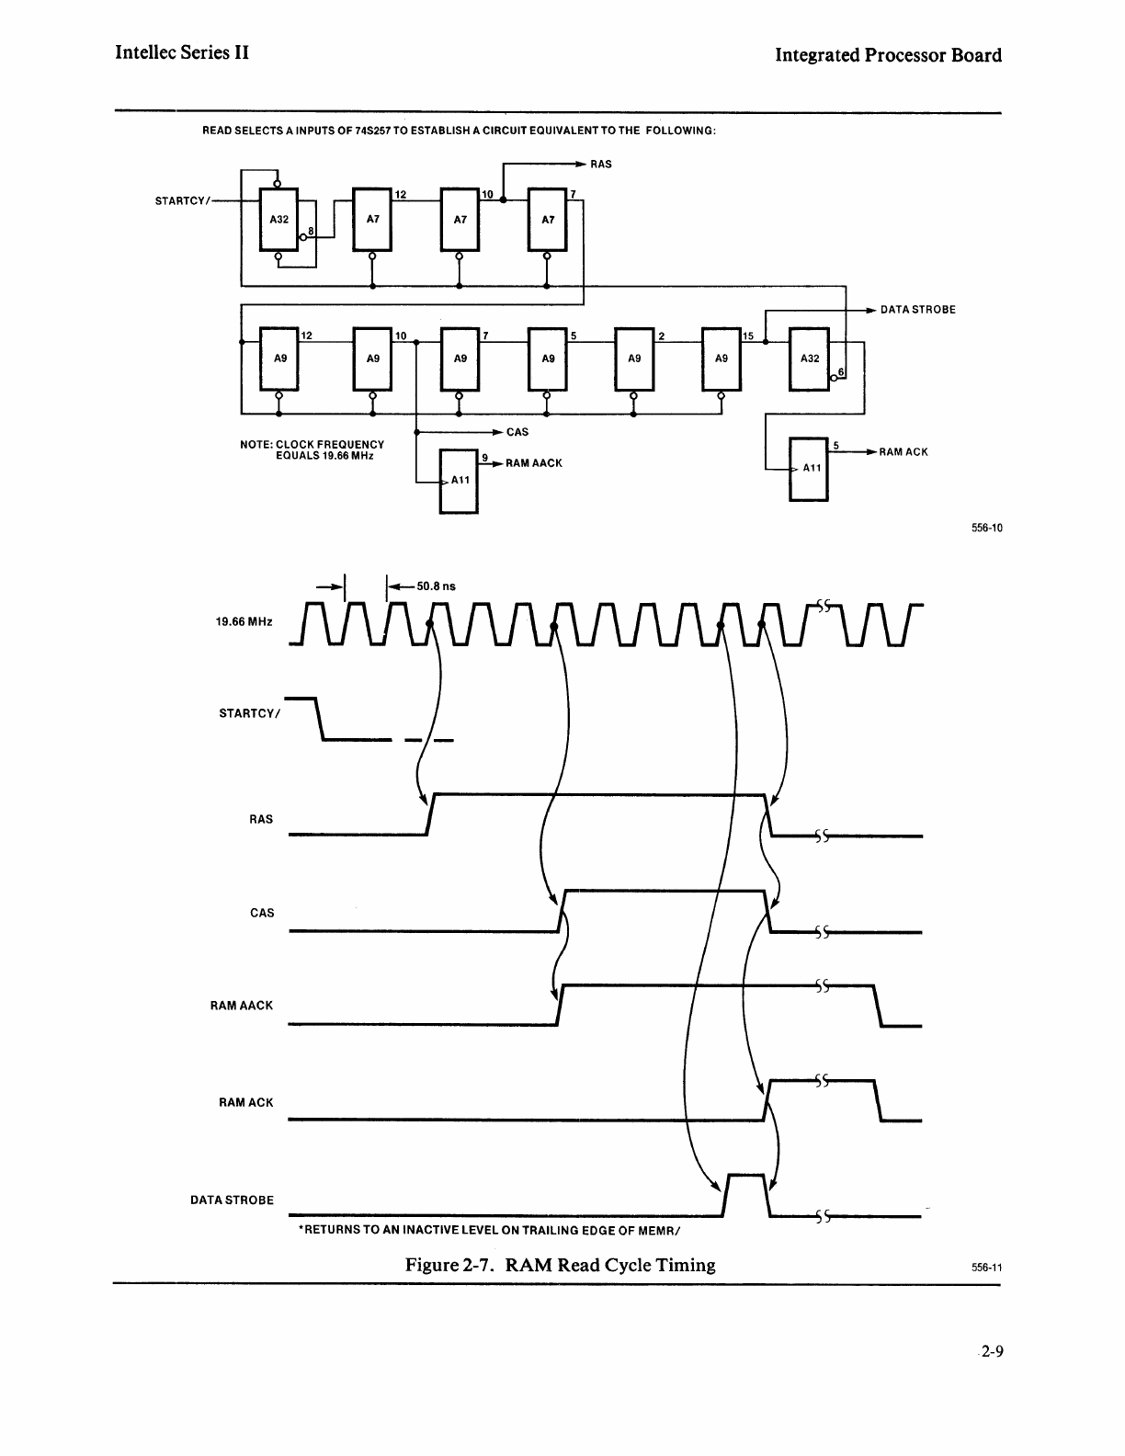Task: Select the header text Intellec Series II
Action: (182, 52)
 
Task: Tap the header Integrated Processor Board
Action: (888, 54)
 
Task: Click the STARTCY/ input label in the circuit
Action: (182, 200)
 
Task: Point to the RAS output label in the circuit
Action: (600, 165)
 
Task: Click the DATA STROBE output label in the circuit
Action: (917, 310)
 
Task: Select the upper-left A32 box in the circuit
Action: (278, 220)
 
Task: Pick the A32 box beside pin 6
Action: (810, 358)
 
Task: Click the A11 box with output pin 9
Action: (459, 481)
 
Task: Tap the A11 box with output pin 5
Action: (810, 469)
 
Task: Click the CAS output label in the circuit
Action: (517, 431)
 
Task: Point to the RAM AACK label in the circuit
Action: (533, 463)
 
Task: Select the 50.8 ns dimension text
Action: (436, 585)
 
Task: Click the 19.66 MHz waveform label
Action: (244, 622)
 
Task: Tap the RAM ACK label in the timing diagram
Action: (245, 1102)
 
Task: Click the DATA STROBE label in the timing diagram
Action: (232, 1200)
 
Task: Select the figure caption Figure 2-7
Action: (560, 1265)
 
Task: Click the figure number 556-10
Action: (985, 528)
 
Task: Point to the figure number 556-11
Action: (985, 1268)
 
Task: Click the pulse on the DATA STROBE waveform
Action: (745, 1193)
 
